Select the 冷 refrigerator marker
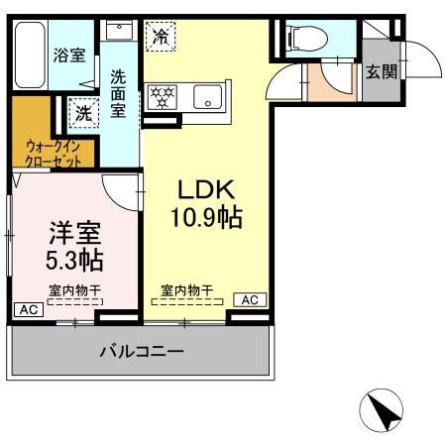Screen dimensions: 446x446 [x=160, y=39]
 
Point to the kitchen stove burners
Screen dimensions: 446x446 [x=161, y=97]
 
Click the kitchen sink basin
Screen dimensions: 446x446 [x=208, y=97]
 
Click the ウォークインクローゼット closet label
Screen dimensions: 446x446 [x=51, y=151]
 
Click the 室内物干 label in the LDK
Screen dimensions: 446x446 [x=187, y=290]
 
